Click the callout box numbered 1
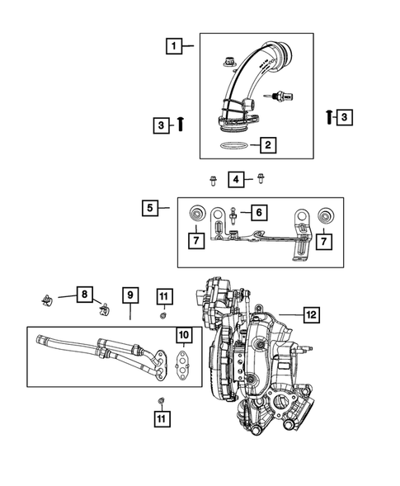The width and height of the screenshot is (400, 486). [174, 47]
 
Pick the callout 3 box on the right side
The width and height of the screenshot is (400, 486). [345, 117]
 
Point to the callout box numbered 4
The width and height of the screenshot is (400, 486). [237, 179]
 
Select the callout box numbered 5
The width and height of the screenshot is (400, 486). [151, 208]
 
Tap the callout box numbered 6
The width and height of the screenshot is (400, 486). [259, 213]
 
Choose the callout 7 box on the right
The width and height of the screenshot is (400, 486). [324, 243]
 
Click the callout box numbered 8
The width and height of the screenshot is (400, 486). [82, 294]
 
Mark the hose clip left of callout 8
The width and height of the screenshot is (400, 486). [49, 299]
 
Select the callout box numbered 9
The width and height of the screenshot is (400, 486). [129, 294]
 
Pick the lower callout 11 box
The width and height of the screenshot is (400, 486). [163, 419]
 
